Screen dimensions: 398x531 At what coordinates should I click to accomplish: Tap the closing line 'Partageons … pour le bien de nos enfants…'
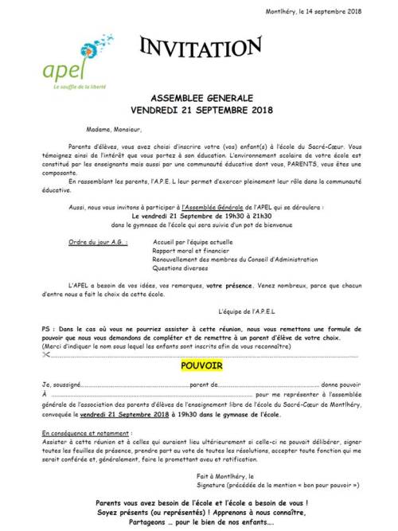[x=201, y=522]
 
